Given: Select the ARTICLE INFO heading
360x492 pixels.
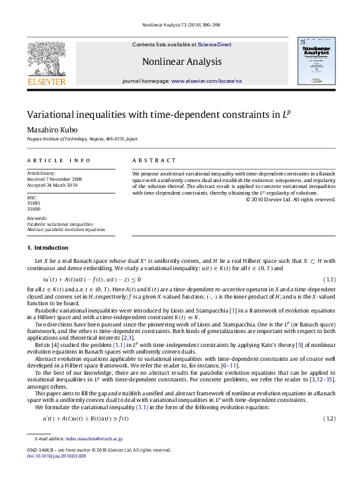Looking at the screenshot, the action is pos(50,160).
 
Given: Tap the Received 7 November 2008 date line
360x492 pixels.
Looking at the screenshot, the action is pos(59,178).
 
